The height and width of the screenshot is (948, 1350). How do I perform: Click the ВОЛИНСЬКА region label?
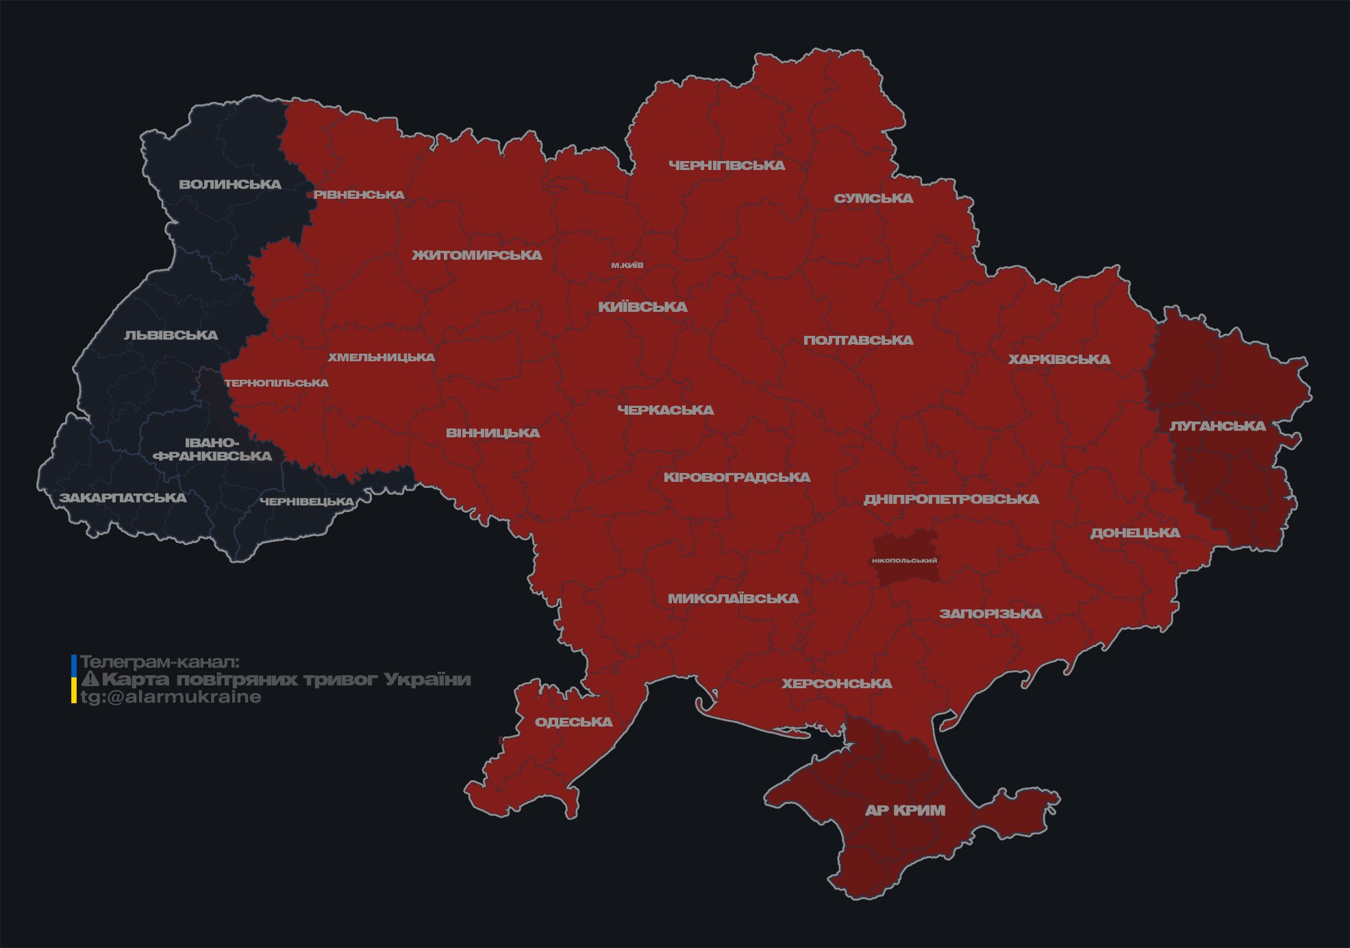click(230, 184)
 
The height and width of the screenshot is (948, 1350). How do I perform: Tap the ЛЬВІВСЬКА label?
click(171, 335)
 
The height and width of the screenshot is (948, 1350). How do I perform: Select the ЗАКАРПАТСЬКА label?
click(123, 498)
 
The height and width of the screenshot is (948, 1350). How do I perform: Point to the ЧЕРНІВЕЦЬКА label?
click(307, 502)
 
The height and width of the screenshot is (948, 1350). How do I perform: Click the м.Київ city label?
click(627, 265)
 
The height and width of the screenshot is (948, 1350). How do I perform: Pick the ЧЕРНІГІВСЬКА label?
click(727, 165)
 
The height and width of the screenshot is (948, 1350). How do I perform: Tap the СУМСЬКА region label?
click(873, 199)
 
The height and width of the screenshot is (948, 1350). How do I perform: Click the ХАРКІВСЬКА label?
click(1059, 359)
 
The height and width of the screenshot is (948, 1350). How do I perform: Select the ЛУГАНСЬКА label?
click(1217, 426)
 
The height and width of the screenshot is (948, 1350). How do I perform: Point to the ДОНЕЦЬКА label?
click(1135, 533)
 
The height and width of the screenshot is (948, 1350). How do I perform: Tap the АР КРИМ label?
click(905, 810)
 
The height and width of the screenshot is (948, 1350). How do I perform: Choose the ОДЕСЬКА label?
click(573, 722)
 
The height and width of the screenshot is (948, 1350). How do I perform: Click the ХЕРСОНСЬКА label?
click(836, 683)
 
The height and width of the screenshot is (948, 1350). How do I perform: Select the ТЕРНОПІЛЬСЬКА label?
click(276, 383)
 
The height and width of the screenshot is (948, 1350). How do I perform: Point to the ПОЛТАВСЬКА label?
click(858, 340)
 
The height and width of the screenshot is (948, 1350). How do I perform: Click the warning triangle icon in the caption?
click(90, 679)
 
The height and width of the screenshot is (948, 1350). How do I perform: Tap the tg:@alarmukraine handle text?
click(171, 697)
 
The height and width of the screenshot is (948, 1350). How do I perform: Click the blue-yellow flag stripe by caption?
click(74, 679)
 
